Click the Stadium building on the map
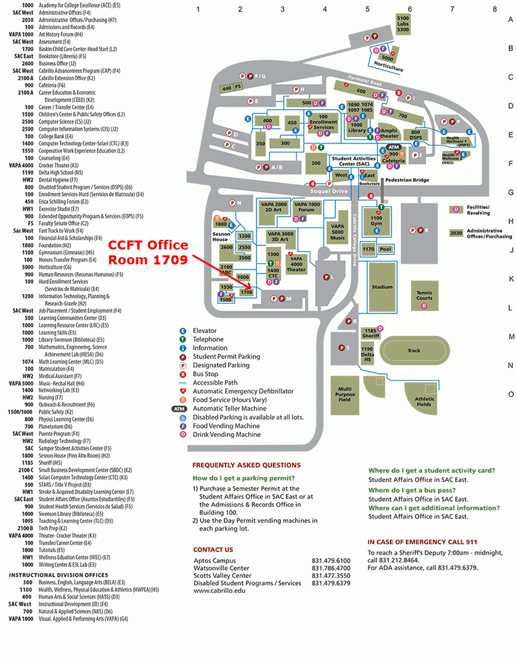(x=382, y=286)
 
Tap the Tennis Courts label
(x=424, y=295)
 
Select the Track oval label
(x=414, y=351)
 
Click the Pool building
(x=386, y=249)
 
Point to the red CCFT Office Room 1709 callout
(x=147, y=252)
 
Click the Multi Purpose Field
(x=344, y=394)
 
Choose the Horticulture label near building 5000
(x=388, y=69)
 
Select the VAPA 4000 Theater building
(x=296, y=265)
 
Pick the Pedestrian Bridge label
(x=407, y=180)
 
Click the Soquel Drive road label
(x=330, y=191)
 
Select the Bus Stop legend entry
(x=207, y=374)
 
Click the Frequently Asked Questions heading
(x=246, y=465)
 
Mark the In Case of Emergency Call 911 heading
(x=422, y=542)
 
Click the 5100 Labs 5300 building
(x=403, y=24)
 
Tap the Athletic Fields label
(x=425, y=401)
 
